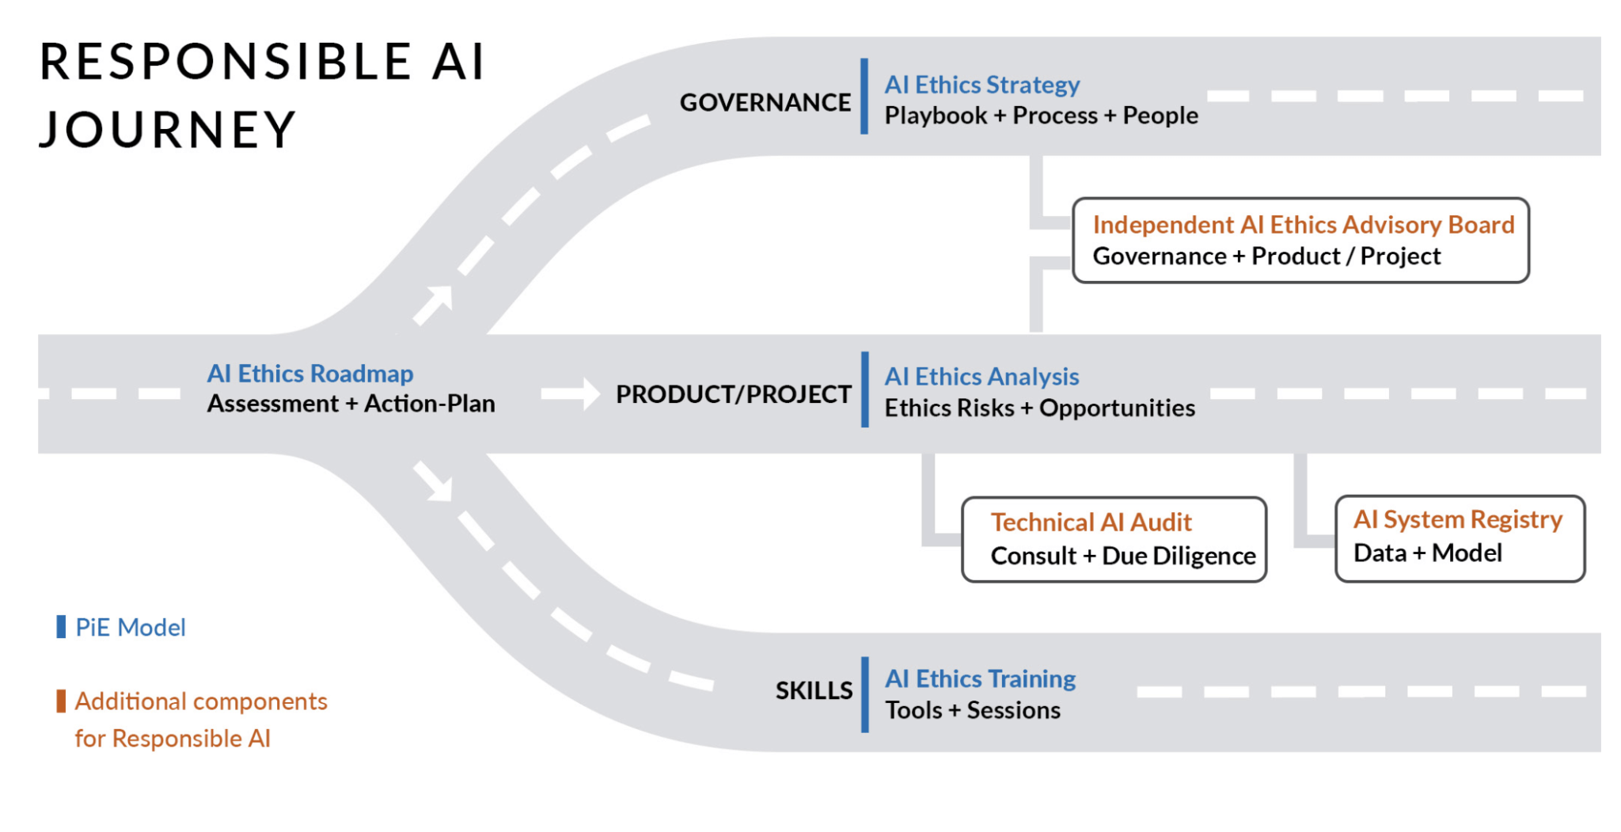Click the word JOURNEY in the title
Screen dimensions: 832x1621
pos(168,130)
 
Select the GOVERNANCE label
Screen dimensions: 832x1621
pos(765,102)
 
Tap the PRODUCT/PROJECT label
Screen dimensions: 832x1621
pos(733,394)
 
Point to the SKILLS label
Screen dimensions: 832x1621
pos(814,690)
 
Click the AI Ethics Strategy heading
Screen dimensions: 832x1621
pos(981,85)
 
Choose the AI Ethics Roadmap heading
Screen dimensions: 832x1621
pos(310,374)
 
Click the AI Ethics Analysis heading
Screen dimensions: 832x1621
pos(981,377)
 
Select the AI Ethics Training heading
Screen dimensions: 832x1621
pos(980,679)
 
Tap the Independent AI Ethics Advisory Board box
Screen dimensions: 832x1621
pos(1300,241)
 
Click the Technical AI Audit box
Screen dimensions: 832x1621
pos(1114,540)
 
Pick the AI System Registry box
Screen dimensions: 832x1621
pos(1459,538)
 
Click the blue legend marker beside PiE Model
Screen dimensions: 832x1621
pos(61,627)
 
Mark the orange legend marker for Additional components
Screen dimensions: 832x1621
pos(61,701)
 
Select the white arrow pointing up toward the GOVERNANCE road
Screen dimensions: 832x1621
pos(435,305)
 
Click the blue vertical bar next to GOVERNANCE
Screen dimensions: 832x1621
pos(864,97)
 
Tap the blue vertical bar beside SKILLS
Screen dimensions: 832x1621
pos(865,694)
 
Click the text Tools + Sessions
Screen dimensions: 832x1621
pos(972,711)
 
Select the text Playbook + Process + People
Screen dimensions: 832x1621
pos(1041,116)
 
